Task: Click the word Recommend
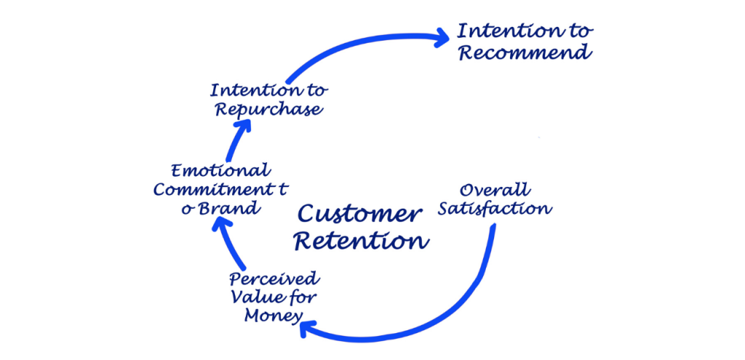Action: (x=523, y=53)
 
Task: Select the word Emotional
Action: (x=220, y=171)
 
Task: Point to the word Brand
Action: (x=229, y=208)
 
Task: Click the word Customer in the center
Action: (x=359, y=215)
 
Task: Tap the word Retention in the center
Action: (x=360, y=240)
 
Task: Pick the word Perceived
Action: (x=263, y=279)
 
